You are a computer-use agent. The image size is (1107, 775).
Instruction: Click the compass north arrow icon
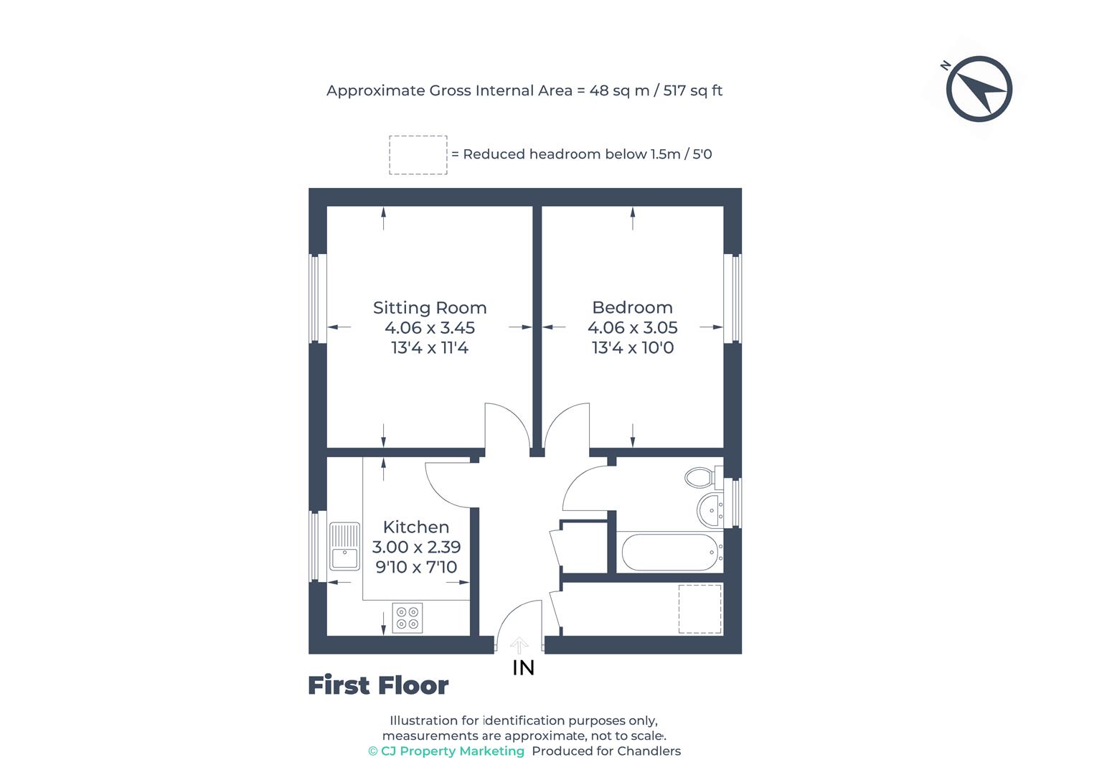click(x=979, y=89)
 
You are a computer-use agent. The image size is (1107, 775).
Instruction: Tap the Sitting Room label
click(x=430, y=308)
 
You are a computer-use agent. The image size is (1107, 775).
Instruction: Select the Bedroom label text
click(x=632, y=308)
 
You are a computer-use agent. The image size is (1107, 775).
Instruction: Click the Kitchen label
click(x=416, y=527)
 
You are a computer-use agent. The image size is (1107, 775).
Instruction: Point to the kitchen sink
click(x=344, y=547)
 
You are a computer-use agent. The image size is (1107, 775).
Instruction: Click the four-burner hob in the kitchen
click(x=408, y=618)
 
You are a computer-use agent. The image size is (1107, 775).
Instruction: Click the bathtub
click(x=670, y=552)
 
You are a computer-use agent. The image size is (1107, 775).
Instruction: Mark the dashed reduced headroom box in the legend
click(x=418, y=155)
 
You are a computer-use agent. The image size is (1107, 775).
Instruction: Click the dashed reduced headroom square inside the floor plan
click(x=700, y=609)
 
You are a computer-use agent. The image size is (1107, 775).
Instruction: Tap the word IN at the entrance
click(x=524, y=668)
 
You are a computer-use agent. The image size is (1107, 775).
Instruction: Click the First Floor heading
click(x=378, y=686)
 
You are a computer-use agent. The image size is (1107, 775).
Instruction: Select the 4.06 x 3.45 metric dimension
click(x=430, y=328)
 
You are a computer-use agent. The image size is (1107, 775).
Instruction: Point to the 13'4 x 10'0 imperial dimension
click(x=632, y=348)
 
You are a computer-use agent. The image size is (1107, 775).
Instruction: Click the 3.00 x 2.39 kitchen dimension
click(x=416, y=547)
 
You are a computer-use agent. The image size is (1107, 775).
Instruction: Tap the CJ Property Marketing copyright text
click(x=446, y=751)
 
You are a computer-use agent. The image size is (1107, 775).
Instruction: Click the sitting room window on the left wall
click(x=318, y=298)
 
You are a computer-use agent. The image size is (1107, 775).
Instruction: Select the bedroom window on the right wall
click(x=733, y=298)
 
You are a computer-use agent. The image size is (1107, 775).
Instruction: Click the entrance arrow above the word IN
click(x=519, y=645)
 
